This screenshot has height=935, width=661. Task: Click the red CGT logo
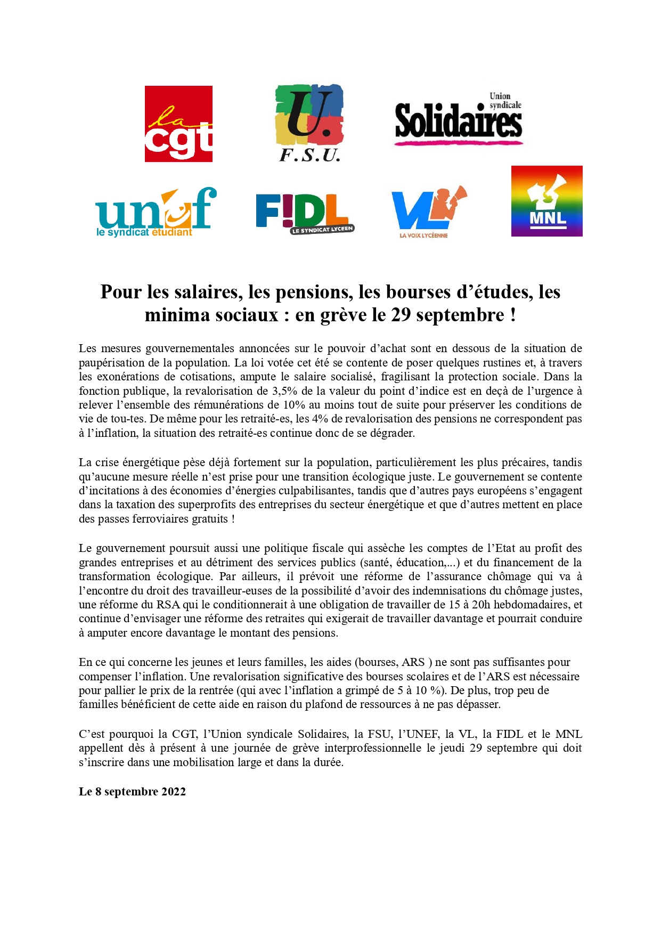178,124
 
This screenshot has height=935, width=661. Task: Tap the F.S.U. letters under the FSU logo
309,156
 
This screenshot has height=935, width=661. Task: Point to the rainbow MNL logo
546,201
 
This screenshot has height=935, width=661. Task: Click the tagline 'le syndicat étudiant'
144,233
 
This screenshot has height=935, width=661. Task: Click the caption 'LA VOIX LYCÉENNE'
423,235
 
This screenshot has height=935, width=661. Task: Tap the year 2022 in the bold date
174,792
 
